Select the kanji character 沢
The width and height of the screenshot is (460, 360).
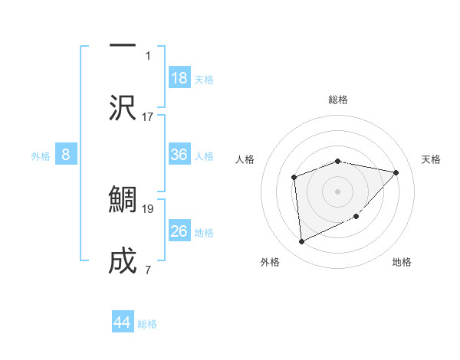(123, 107)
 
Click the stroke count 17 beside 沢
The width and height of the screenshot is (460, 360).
(148, 117)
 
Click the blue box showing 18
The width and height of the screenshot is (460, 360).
(179, 78)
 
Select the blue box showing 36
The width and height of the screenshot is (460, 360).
(179, 155)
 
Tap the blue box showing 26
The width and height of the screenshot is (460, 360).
(179, 231)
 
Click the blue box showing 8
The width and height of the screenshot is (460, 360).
(66, 155)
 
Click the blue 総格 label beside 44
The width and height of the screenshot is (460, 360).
(147, 324)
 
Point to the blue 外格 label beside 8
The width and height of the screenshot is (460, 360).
(41, 155)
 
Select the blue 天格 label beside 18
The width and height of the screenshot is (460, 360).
(204, 79)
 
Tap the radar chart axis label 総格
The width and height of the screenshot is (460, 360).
(338, 100)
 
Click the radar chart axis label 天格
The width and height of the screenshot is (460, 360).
(432, 159)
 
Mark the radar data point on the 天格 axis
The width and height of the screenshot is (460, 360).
(396, 172)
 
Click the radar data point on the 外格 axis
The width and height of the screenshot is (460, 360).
(301, 241)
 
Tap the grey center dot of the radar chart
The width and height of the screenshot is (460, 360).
(338, 191)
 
